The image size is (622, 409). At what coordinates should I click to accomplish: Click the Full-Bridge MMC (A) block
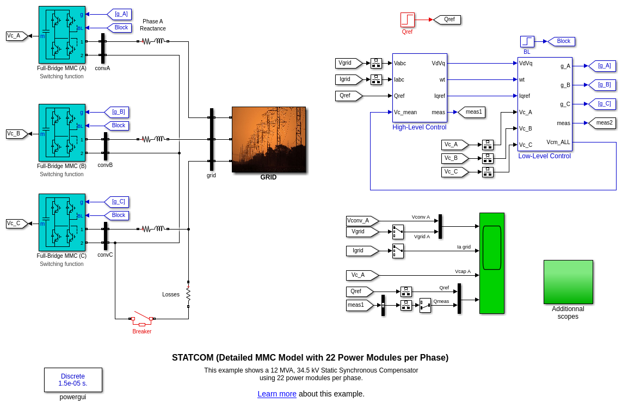(62, 35)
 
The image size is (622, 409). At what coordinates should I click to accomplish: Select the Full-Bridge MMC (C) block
(62, 222)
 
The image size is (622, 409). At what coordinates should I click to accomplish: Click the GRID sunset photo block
(269, 139)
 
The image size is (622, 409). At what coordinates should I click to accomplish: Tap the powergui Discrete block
(73, 380)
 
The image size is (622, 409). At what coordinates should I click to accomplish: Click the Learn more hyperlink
(277, 394)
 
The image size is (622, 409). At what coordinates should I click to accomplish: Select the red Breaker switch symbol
(142, 319)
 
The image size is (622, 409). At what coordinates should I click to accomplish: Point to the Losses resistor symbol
(188, 294)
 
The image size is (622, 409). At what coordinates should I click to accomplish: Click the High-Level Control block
(420, 88)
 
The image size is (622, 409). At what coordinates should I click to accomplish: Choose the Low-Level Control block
(545, 104)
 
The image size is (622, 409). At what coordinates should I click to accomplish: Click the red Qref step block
(408, 20)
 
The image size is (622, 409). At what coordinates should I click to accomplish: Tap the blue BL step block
(527, 41)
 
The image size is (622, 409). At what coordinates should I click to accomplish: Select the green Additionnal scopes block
(568, 282)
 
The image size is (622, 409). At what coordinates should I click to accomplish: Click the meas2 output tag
(603, 123)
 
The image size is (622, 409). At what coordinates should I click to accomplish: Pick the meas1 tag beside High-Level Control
(472, 112)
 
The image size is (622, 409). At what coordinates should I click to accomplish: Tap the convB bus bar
(106, 146)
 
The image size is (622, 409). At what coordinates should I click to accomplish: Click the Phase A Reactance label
(153, 25)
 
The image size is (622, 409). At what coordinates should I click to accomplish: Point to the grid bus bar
(212, 139)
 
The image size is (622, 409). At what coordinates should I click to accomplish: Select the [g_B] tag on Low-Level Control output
(603, 85)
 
